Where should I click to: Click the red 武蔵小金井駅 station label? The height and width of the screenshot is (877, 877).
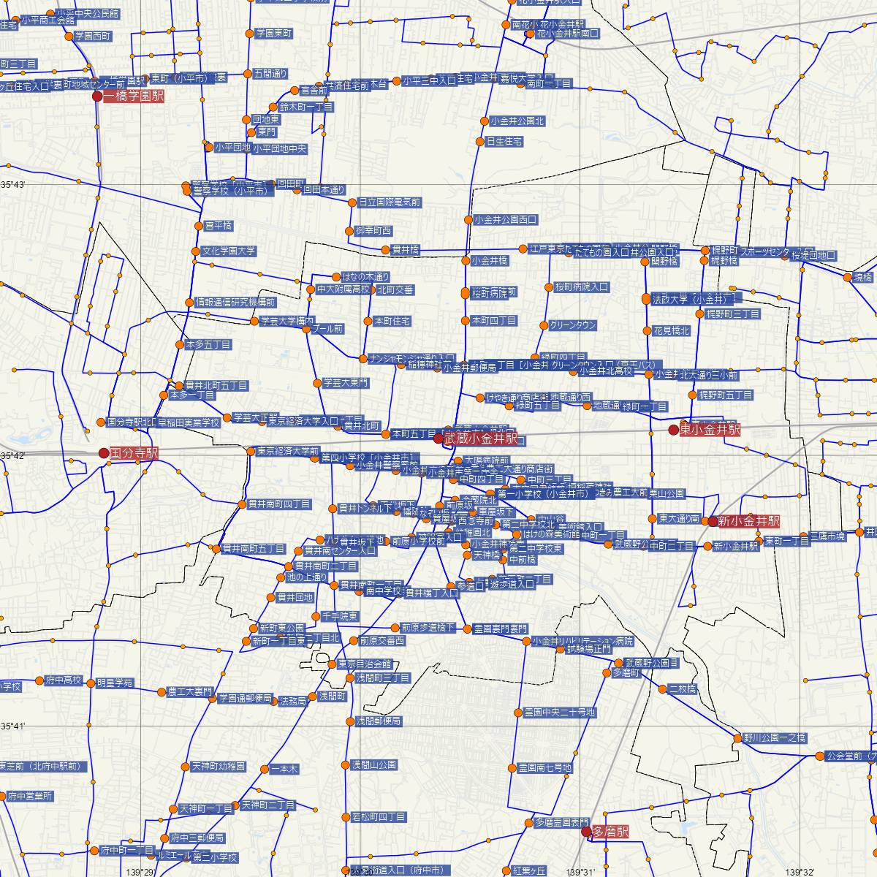[x=481, y=439]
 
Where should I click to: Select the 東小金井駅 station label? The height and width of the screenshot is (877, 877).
[x=710, y=430]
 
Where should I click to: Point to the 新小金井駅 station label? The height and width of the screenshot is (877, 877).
[x=748, y=522]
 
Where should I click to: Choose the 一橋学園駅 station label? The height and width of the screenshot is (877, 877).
[x=134, y=96]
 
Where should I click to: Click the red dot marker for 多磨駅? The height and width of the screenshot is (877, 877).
[x=585, y=831]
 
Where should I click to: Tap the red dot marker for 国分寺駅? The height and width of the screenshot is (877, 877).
[x=104, y=453]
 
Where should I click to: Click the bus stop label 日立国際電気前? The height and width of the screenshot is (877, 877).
[x=390, y=202]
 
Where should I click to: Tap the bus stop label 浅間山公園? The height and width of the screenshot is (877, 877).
[x=373, y=765]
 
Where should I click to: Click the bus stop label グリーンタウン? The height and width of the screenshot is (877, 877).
[x=573, y=326]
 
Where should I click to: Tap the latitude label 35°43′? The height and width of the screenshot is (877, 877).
[x=13, y=185]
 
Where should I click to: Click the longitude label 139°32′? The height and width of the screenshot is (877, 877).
[x=802, y=872]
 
